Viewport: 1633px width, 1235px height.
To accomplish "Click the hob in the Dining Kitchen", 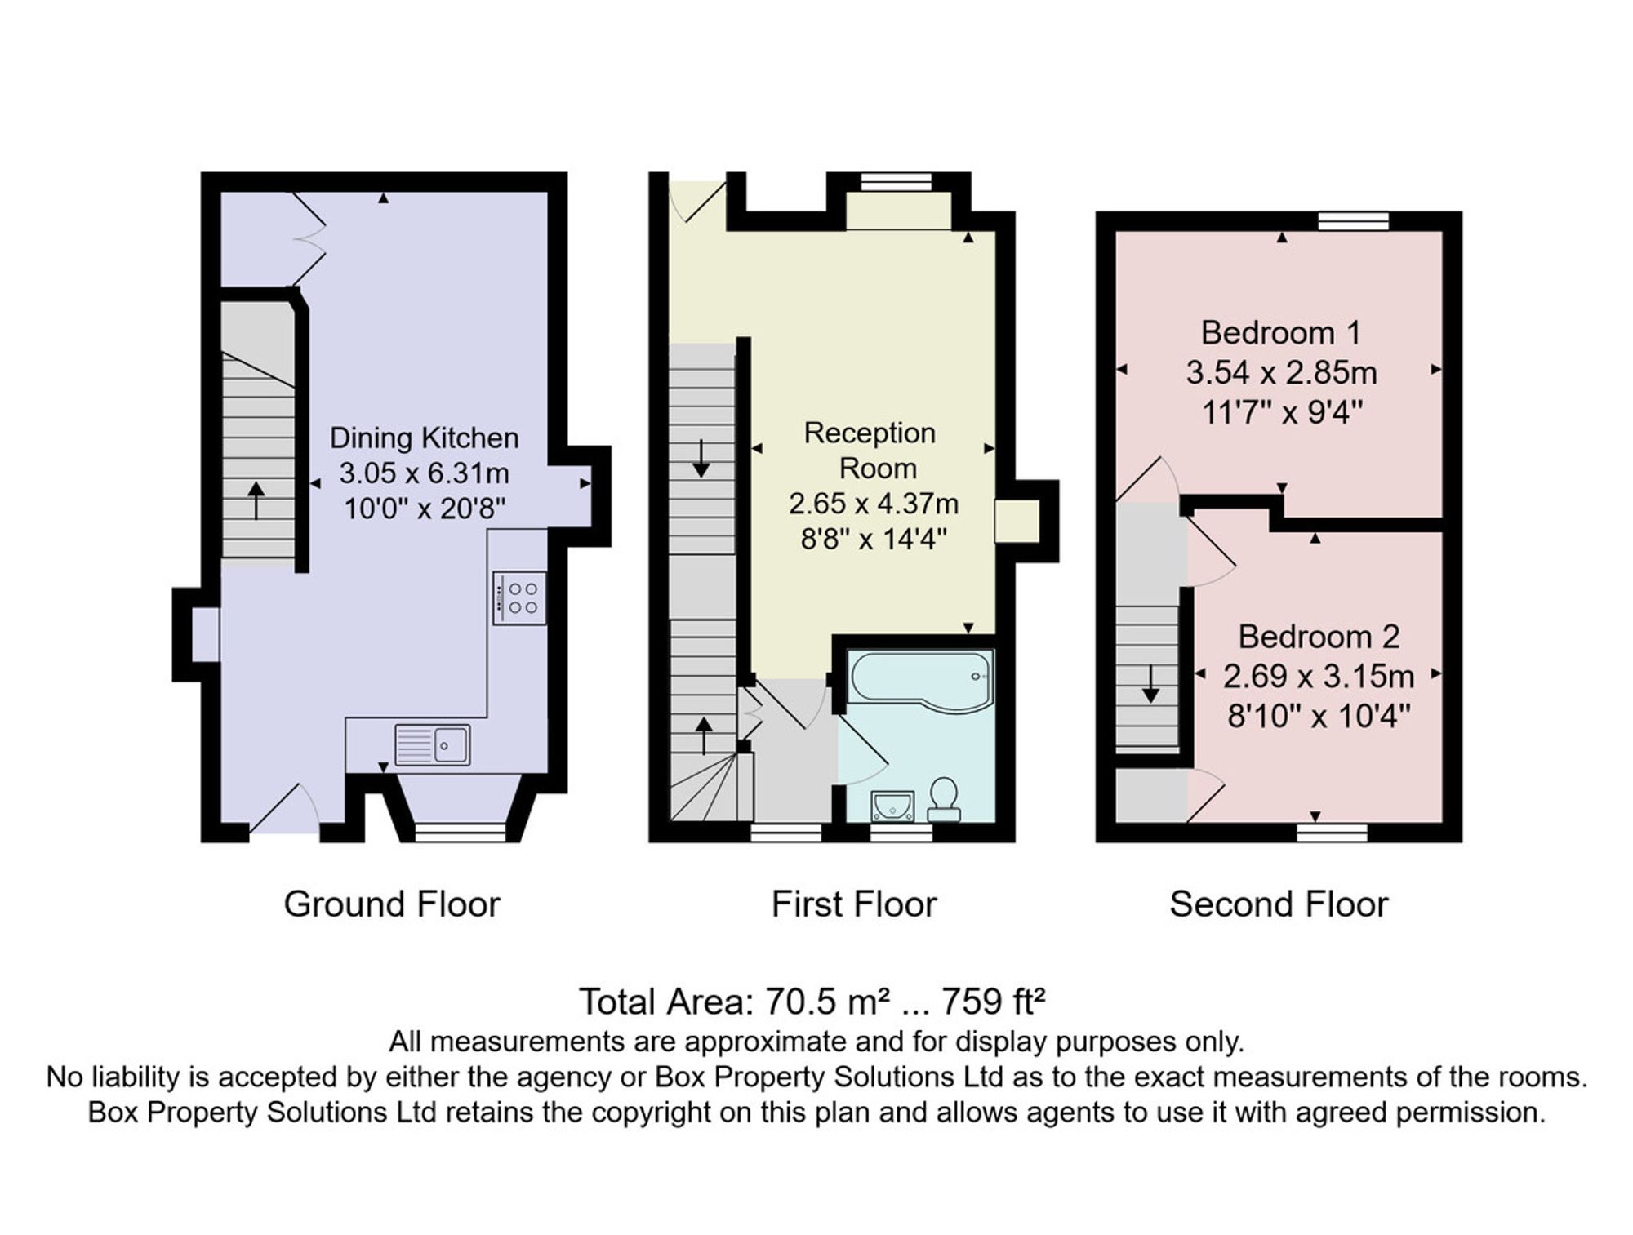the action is pyautogui.click(x=519, y=598).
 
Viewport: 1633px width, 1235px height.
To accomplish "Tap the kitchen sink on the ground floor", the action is pyautogui.click(x=433, y=744).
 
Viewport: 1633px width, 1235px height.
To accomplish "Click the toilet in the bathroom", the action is pyautogui.click(x=944, y=799).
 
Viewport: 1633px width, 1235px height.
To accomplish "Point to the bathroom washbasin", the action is pyautogui.click(x=892, y=806).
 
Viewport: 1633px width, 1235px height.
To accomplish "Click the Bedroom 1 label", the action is pyautogui.click(x=1281, y=333).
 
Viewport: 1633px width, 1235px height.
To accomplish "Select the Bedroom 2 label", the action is pyautogui.click(x=1319, y=637).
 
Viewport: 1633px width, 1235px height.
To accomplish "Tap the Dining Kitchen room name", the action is pyautogui.click(x=424, y=438).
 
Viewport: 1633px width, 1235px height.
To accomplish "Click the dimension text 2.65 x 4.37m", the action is pyautogui.click(x=874, y=504).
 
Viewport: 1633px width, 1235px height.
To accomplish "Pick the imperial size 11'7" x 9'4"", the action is pyautogui.click(x=1282, y=413).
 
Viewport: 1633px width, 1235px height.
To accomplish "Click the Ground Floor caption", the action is pyautogui.click(x=392, y=904).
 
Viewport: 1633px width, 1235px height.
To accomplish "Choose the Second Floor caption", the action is pyautogui.click(x=1279, y=904).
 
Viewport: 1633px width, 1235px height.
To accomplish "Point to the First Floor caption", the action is pyautogui.click(x=854, y=904).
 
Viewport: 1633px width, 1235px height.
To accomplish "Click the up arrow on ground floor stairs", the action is pyautogui.click(x=256, y=500).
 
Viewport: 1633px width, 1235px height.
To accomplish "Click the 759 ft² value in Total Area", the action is pyautogui.click(x=994, y=1002).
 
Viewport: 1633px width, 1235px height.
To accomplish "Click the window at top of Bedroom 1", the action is pyautogui.click(x=1353, y=220).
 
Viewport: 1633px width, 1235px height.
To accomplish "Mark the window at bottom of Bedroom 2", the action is pyautogui.click(x=1332, y=833).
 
